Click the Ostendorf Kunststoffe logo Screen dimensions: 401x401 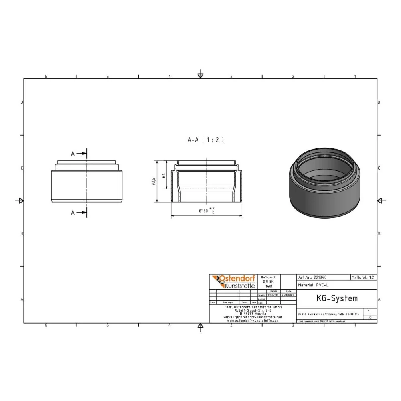(x=232, y=282)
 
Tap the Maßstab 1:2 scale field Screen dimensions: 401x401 (x=363, y=277)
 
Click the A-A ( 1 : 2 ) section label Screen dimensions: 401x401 (x=206, y=140)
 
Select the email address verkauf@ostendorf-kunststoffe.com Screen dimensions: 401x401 (x=252, y=317)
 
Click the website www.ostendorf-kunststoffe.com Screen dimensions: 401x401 (x=252, y=320)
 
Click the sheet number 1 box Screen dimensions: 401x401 (x=369, y=312)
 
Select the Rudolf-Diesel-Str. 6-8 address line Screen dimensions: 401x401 (x=252, y=310)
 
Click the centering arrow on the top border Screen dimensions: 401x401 (x=200, y=75)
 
